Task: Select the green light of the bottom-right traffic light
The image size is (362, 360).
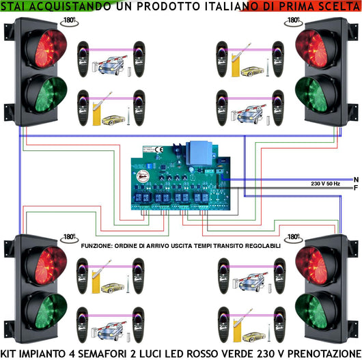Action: coord(316,309)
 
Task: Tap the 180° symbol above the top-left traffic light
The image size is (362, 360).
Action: coord(68,20)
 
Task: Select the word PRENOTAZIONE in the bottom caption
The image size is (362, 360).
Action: coord(321,352)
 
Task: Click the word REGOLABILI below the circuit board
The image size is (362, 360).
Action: coord(260,245)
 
